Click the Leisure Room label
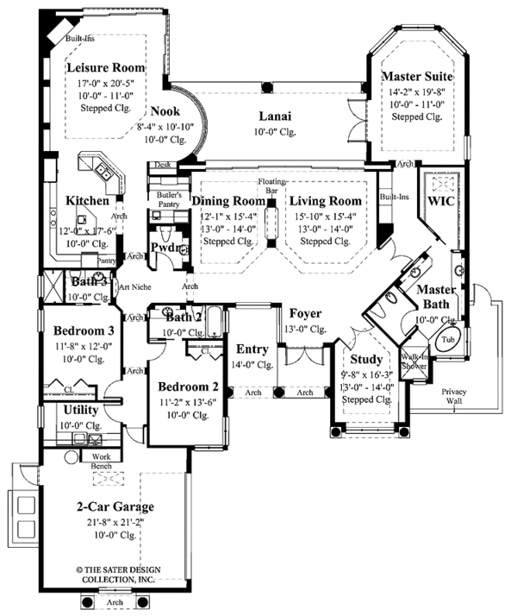[106, 67]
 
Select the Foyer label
[305, 312]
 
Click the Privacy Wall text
[455, 396]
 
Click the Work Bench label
[102, 461]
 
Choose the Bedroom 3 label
[83, 330]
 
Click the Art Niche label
[135, 287]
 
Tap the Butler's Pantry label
[168, 200]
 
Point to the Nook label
[165, 110]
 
